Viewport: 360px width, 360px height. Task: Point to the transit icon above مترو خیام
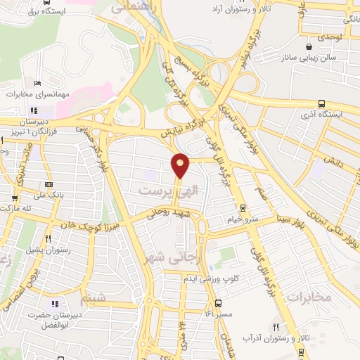click(243, 207)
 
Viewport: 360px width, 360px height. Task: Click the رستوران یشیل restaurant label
click(49, 248)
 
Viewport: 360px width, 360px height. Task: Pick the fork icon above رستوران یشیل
click(48, 238)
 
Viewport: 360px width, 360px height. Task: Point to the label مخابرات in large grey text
click(309, 296)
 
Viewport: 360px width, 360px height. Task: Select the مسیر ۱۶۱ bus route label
click(218, 314)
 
